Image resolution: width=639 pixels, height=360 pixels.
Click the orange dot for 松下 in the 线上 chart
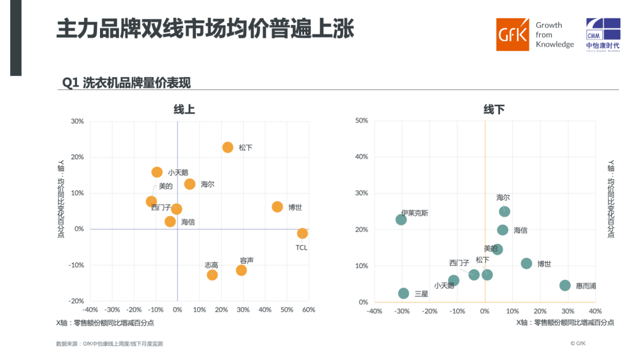point(228,147)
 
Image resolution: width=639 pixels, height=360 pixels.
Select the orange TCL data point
point(302,233)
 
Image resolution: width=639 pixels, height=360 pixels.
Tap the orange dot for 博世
point(277,207)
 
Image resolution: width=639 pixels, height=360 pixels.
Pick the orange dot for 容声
point(241,270)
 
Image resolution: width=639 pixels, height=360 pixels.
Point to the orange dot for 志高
point(212,275)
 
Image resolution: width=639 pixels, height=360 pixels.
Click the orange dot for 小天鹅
point(157,172)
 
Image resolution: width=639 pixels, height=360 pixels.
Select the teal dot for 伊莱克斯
point(401,220)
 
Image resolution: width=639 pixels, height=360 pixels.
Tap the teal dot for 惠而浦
point(565,285)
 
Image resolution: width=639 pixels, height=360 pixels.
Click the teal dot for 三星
point(404,293)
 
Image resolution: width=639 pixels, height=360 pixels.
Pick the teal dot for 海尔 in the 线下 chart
point(504,211)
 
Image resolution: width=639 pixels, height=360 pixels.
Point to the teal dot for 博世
point(526,263)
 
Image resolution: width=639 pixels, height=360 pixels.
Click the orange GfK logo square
point(512,34)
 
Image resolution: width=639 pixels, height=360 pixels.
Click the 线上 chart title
point(184,110)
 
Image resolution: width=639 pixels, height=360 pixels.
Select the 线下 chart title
point(494,110)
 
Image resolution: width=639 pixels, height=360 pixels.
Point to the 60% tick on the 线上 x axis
point(309,310)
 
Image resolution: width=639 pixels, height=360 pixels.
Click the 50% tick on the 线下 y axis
point(362,121)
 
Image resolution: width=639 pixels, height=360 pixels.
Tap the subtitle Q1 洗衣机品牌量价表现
point(127,83)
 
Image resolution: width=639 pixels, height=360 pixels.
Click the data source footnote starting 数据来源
point(109,343)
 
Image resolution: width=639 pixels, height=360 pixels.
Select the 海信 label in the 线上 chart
point(188,222)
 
